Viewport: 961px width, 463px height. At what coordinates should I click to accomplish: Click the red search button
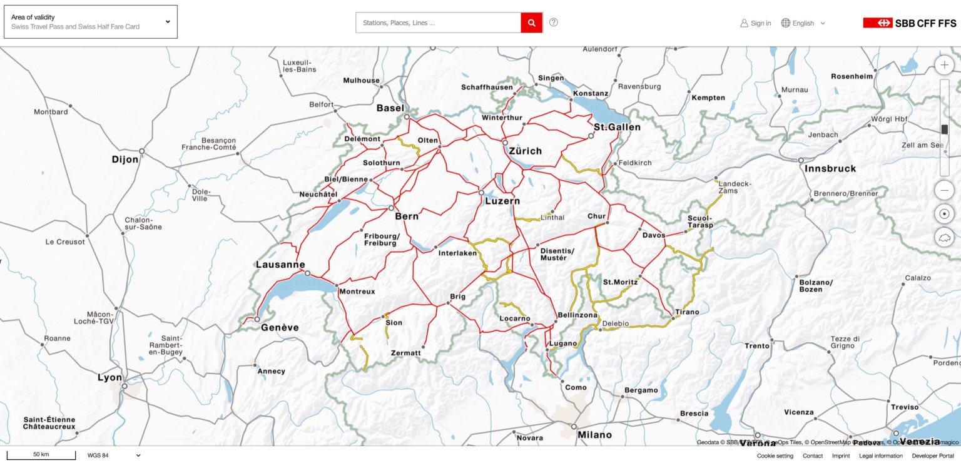tap(531, 23)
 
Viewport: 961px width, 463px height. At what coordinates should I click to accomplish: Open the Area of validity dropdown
tap(91, 22)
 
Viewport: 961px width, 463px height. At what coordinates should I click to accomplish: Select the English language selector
tap(803, 23)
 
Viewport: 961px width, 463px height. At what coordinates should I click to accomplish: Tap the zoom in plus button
tap(944, 65)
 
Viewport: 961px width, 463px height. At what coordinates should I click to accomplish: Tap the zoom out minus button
tap(944, 190)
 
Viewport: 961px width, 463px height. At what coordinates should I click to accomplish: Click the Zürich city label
tap(525, 151)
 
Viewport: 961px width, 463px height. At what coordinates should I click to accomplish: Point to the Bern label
tap(407, 216)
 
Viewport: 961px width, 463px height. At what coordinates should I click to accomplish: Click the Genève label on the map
tap(280, 327)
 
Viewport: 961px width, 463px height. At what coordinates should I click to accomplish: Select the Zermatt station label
tap(405, 353)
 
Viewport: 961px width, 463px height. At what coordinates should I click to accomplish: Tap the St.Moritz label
tap(620, 282)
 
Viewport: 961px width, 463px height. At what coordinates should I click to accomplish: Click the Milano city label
tap(594, 435)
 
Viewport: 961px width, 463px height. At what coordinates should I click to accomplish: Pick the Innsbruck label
tap(830, 168)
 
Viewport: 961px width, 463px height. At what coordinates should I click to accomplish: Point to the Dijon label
tap(125, 160)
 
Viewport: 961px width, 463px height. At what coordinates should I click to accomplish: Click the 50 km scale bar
tap(41, 455)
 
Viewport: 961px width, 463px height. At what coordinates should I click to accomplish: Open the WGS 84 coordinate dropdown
tap(114, 455)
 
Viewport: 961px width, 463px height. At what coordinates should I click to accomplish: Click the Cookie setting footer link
tap(775, 456)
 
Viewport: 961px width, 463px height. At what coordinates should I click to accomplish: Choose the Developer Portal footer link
tap(932, 456)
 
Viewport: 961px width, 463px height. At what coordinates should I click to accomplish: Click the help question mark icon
tap(553, 23)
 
